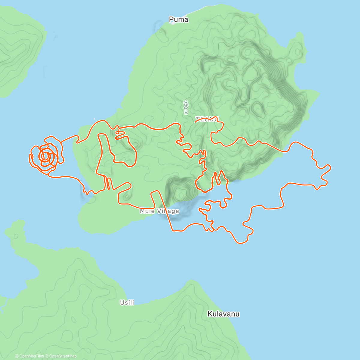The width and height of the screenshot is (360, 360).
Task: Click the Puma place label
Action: pyautogui.click(x=178, y=19)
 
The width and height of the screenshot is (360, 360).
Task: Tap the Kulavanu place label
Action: pyautogui.click(x=223, y=314)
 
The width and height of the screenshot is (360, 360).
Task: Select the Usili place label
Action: pyautogui.click(x=127, y=302)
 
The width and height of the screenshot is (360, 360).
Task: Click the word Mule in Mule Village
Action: pyautogui.click(x=147, y=211)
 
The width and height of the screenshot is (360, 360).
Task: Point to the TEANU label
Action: pyautogui.click(x=207, y=119)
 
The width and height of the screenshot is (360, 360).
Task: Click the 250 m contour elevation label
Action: pyautogui.click(x=186, y=107)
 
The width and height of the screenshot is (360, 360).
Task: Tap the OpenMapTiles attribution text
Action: pyautogui.click(x=29, y=356)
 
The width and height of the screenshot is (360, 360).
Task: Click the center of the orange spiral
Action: pyautogui.click(x=46, y=156)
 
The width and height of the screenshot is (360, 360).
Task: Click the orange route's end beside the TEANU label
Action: pyautogui.click(x=196, y=121)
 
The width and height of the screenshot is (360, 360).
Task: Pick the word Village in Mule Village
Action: pyautogui.click(x=168, y=211)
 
